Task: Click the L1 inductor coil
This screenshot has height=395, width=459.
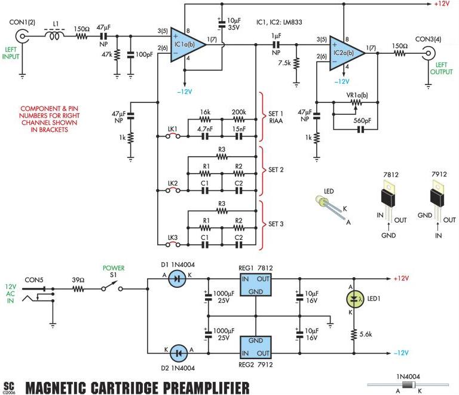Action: (x=56, y=36)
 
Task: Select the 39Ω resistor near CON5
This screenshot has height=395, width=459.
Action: (x=78, y=287)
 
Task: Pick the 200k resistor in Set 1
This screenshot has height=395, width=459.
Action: (x=238, y=120)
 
